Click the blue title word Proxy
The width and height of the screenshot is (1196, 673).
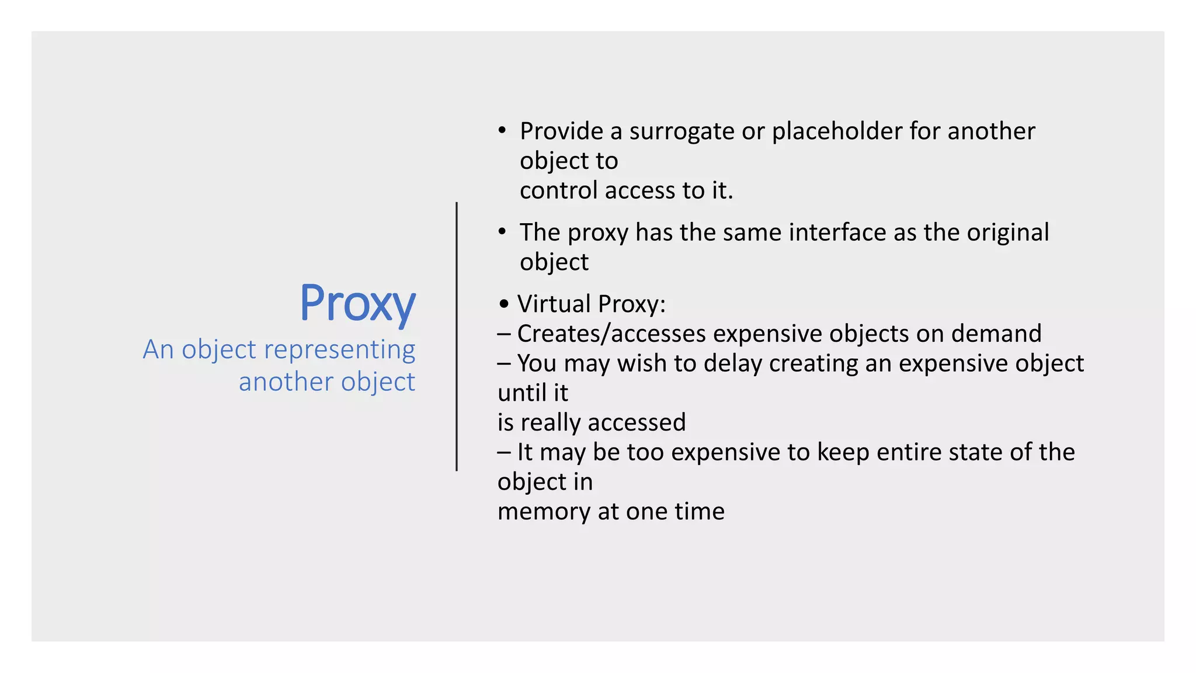pyautogui.click(x=357, y=304)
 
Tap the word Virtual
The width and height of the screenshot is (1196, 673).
pyautogui.click(x=554, y=304)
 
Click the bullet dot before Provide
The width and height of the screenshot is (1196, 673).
pyautogui.click(x=502, y=130)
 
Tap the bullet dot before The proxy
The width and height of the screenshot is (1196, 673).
pyautogui.click(x=502, y=231)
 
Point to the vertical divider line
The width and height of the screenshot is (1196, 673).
pyautogui.click(x=457, y=336)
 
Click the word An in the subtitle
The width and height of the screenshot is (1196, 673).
pyautogui.click(x=158, y=350)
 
